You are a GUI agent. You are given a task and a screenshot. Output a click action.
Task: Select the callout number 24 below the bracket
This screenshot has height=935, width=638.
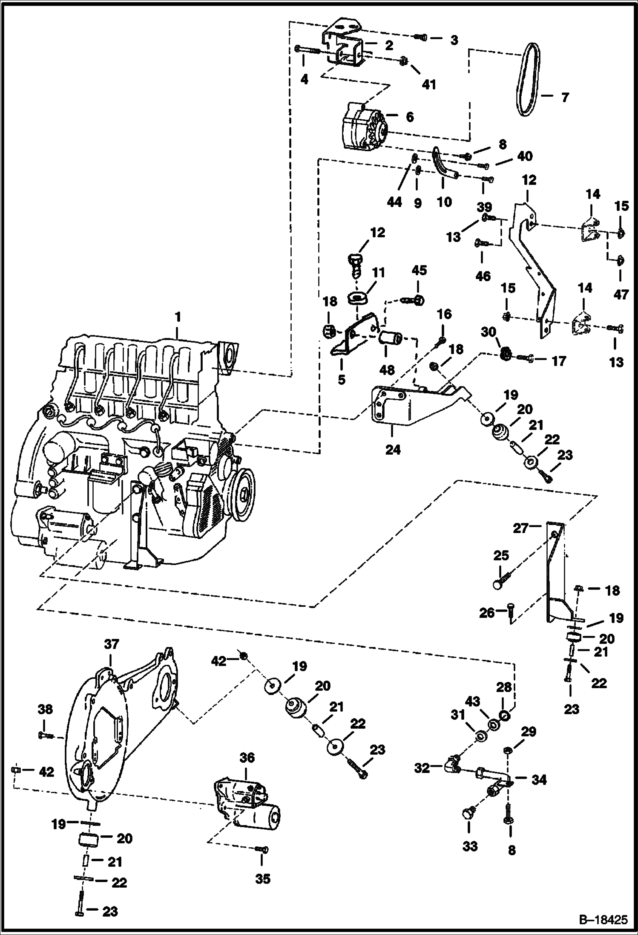click(393, 449)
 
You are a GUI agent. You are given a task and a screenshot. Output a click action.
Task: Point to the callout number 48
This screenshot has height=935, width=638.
click(386, 369)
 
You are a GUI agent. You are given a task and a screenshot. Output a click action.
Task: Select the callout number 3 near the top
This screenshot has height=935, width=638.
click(454, 40)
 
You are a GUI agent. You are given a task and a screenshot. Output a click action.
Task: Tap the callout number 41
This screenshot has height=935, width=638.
click(428, 84)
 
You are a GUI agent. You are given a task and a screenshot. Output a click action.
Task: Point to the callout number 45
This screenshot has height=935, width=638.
click(419, 271)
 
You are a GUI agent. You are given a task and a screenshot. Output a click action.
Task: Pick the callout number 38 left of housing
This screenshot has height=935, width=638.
click(45, 709)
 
